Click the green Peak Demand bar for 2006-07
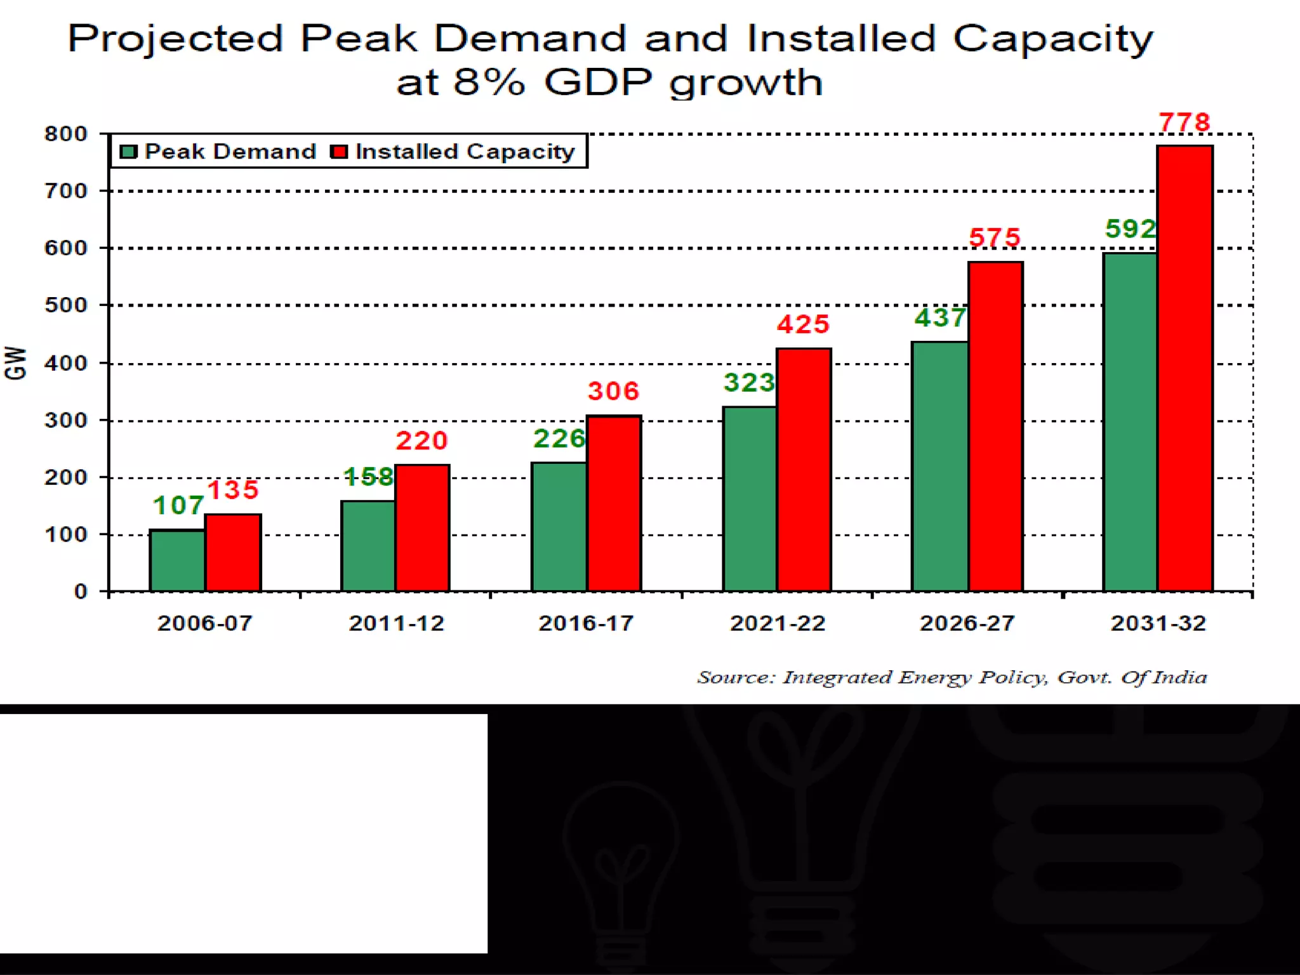point(177,560)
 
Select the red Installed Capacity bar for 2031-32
point(1184,368)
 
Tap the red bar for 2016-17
point(614,503)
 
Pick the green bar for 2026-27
point(939,467)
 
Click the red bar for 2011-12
point(422,527)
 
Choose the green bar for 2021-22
point(749,499)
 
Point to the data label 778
point(1184,122)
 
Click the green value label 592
point(1130,229)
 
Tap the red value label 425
point(803,324)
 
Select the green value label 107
point(178,505)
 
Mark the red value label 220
point(421,441)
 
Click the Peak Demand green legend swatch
point(129,152)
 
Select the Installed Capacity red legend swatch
point(339,152)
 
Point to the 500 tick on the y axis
point(66,305)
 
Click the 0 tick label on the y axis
point(81,592)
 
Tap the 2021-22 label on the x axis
point(778,623)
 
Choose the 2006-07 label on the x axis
point(204,623)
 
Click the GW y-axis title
point(16,363)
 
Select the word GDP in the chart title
point(598,83)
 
